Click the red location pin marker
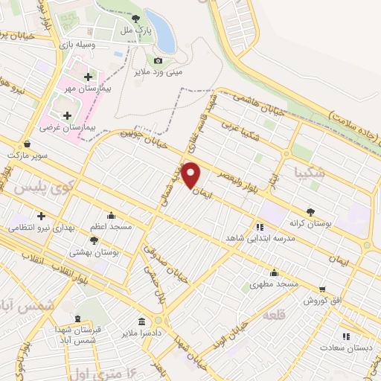coord(192,175)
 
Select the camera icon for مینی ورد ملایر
coord(158,61)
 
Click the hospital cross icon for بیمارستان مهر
coord(89,77)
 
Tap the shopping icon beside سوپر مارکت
coord(28,144)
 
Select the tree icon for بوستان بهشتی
coord(93,240)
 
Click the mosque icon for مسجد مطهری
coord(275,272)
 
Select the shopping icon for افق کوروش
coord(321,289)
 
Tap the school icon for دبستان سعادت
coord(345,336)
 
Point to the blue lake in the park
coord(160,30)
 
